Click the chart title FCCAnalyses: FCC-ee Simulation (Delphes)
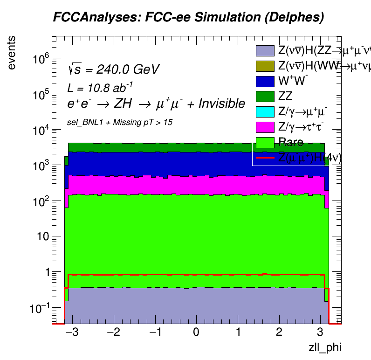pyautogui.click(x=188, y=18)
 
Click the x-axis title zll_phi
pyautogui.click(x=322, y=347)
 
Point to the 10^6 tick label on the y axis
pyautogui.click(x=41, y=59)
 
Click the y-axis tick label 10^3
pyautogui.click(x=41, y=165)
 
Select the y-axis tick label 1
pyautogui.click(x=45, y=272)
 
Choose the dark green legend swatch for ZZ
pyautogui.click(x=265, y=96)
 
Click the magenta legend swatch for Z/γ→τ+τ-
pyautogui.click(x=265, y=127)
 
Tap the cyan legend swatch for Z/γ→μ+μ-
pyautogui.click(x=265, y=111)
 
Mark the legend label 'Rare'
pyautogui.click(x=290, y=142)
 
